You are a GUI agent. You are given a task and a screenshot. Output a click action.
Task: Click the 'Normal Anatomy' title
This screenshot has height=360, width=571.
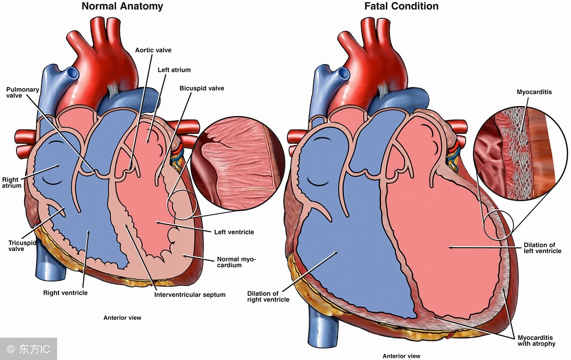[x=122, y=6]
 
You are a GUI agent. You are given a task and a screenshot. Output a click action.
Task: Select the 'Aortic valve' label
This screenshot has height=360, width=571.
[x=153, y=50]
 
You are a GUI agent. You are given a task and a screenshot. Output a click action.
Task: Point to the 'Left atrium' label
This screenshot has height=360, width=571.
[x=174, y=70]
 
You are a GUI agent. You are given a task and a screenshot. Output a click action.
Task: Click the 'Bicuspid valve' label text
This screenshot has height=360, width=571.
[x=202, y=88]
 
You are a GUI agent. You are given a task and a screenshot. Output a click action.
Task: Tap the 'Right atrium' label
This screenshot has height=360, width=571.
[x=12, y=182]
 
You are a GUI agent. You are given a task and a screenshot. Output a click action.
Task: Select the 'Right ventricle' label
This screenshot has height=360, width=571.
[x=65, y=293]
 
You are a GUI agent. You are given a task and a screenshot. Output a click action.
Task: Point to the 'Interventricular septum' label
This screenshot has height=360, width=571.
[x=190, y=294]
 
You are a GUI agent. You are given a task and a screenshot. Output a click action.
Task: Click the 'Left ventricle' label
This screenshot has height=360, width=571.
[x=234, y=232]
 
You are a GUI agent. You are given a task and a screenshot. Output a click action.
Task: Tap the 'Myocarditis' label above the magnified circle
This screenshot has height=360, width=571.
[x=534, y=92]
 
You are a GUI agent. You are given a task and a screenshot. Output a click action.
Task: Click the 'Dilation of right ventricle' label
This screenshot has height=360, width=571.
[x=268, y=296]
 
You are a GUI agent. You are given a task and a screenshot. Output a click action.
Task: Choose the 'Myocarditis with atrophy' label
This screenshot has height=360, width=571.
[x=536, y=340]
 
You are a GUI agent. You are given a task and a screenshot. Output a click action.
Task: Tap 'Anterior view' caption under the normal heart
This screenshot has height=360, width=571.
[x=122, y=318]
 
